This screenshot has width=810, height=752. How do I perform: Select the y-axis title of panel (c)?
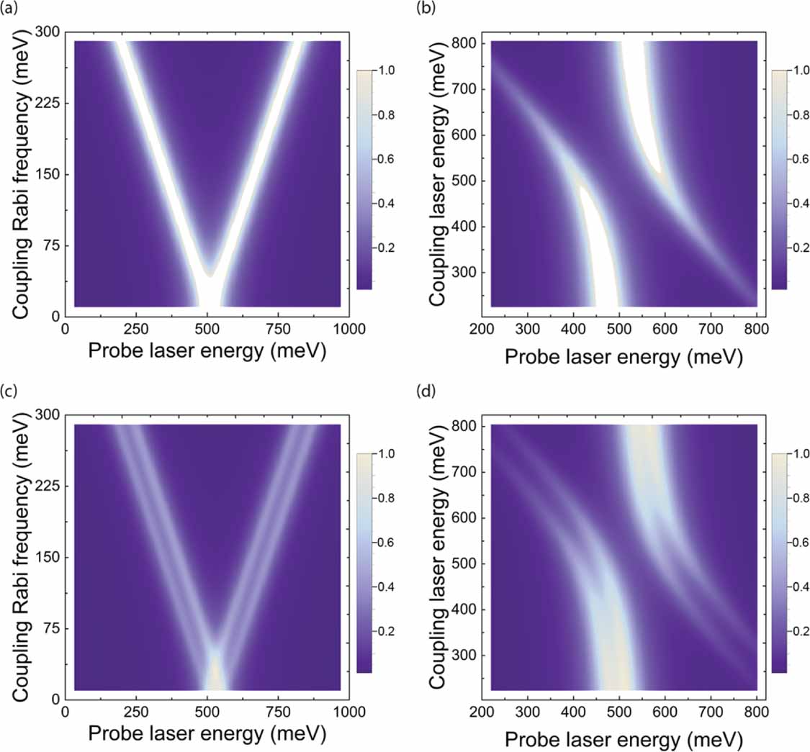[x=20, y=556]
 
